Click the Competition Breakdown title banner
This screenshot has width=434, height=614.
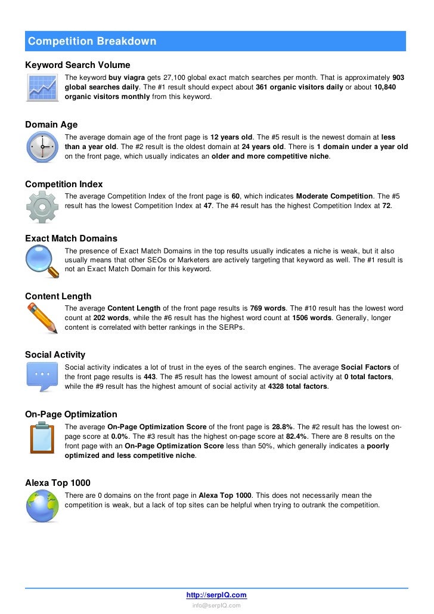pyautogui.click(x=216, y=41)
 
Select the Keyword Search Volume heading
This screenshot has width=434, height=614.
pyautogui.click(x=77, y=64)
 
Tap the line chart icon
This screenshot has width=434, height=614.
pyautogui.click(x=42, y=88)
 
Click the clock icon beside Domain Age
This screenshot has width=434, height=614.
pyautogui.click(x=42, y=147)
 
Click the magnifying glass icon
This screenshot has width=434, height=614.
pyautogui.click(x=42, y=261)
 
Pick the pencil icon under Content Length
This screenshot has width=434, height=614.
pyautogui.click(x=42, y=319)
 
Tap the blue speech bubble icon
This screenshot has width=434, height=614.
pyautogui.click(x=42, y=377)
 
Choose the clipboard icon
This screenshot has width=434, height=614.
pyautogui.click(x=42, y=438)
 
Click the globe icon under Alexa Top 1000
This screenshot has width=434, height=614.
pyautogui.click(x=42, y=506)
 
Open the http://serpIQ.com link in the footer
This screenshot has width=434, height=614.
pyautogui.click(x=216, y=595)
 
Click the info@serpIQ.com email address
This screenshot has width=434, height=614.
pyautogui.click(x=216, y=605)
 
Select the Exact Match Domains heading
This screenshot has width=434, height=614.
pyautogui.click(x=71, y=238)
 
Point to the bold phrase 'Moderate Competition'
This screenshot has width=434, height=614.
pyautogui.click(x=334, y=196)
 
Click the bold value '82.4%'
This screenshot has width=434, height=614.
pyautogui.click(x=297, y=436)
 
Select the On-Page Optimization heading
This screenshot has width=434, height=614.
pyautogui.click(x=71, y=414)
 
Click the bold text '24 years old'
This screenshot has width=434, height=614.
pyautogui.click(x=263, y=147)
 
